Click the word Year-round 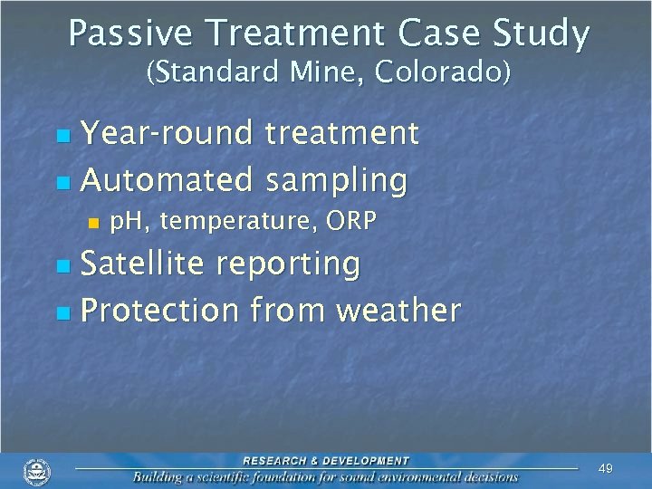(x=168, y=134)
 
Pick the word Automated (x=166, y=180)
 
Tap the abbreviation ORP (x=348, y=222)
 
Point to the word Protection (x=159, y=311)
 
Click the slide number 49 (x=606, y=468)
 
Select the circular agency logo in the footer (x=37, y=472)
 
